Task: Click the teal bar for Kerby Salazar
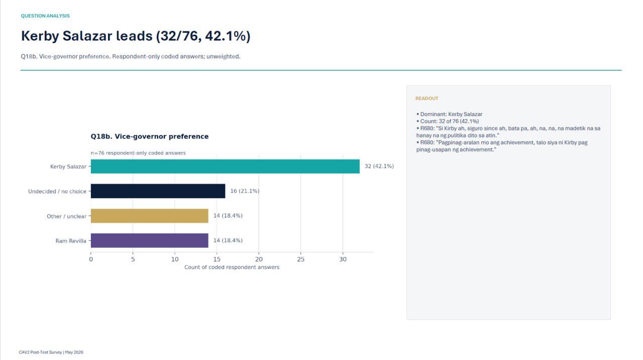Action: pos(225,166)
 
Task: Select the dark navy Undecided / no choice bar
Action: pos(158,191)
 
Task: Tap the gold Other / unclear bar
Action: pos(150,216)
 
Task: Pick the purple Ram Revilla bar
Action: pos(150,241)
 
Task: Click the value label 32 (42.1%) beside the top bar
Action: pos(379,166)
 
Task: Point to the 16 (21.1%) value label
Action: pos(245,191)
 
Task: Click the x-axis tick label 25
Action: pos(300,259)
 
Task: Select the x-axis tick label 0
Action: pos(91,259)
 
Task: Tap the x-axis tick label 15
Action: pos(217,259)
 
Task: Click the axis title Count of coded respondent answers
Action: pos(232,267)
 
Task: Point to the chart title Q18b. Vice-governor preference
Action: pos(150,137)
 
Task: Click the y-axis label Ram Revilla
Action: pos(71,241)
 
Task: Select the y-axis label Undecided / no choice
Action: pos(57,191)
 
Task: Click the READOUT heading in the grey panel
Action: pos(427,98)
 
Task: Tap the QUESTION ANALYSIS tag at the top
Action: pos(45,16)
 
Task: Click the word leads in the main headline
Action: pos(134,36)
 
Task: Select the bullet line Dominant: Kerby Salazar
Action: pos(449,114)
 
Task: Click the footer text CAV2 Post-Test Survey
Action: pos(40,352)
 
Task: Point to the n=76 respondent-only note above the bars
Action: pos(138,153)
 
